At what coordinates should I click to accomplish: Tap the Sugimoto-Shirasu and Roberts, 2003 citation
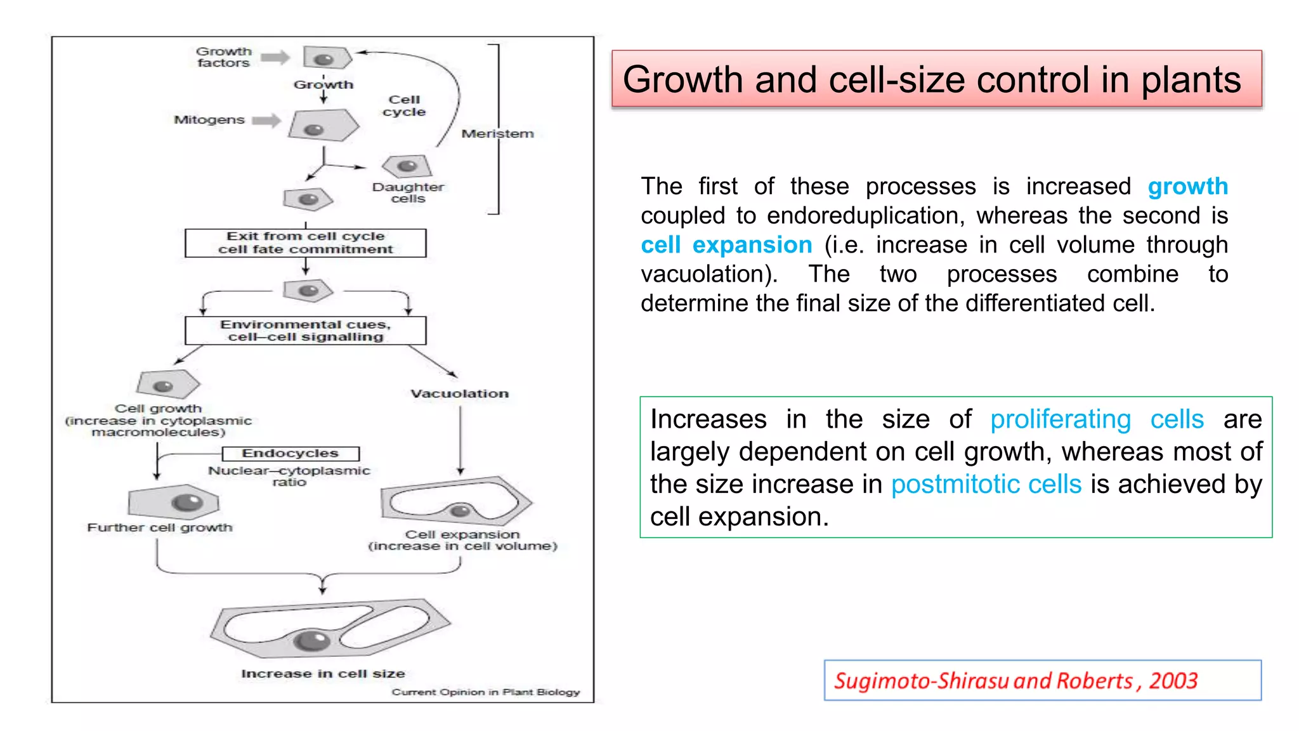(1015, 681)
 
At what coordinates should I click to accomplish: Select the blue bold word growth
(1187, 187)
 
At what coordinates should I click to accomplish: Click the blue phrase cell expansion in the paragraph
(726, 245)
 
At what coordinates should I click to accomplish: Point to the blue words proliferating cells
(1097, 419)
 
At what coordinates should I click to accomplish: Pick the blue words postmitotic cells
(986, 485)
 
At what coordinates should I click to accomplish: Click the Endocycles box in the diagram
(290, 454)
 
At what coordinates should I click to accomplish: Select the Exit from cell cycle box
(305, 243)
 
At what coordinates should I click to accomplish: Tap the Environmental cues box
(305, 331)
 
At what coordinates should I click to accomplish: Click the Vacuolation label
(459, 394)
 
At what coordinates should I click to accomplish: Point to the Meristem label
(497, 134)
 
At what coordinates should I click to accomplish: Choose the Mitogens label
(209, 120)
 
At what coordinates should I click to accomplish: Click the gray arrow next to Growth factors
(275, 58)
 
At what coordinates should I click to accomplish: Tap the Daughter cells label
(408, 193)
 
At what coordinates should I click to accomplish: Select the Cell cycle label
(404, 106)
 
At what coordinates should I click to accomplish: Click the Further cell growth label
(160, 528)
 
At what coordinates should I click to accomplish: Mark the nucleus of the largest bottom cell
(311, 641)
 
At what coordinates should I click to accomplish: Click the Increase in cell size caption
(323, 674)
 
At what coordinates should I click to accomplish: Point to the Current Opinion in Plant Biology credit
(485, 692)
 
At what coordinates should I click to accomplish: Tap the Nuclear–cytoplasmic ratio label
(289, 477)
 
